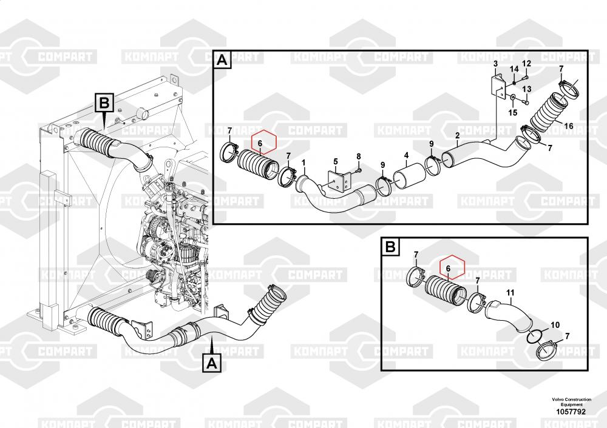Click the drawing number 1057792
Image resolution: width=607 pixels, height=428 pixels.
pyautogui.click(x=571, y=412)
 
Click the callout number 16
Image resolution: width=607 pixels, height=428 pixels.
pyautogui.click(x=568, y=126)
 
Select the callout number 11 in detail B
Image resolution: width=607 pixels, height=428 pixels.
pyautogui.click(x=510, y=293)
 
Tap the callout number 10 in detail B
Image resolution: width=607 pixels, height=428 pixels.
pyautogui.click(x=555, y=325)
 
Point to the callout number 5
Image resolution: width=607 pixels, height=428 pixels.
pyautogui.click(x=336, y=162)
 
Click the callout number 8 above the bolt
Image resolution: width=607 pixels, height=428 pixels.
pyautogui.click(x=359, y=156)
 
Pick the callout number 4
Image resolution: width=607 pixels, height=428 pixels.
pyautogui.click(x=407, y=155)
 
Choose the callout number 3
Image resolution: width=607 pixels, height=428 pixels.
pyautogui.click(x=495, y=63)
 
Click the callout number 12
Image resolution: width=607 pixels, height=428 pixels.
pyautogui.click(x=526, y=64)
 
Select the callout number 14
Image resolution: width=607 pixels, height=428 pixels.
pyautogui.click(x=514, y=69)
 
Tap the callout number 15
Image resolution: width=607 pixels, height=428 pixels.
pyautogui.click(x=513, y=113)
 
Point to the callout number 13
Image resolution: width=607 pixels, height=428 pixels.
pyautogui.click(x=526, y=89)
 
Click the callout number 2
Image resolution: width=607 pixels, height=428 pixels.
pyautogui.click(x=458, y=135)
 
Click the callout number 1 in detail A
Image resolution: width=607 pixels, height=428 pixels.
pyautogui.click(x=304, y=162)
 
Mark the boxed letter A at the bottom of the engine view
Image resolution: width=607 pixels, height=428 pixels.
pyautogui.click(x=212, y=363)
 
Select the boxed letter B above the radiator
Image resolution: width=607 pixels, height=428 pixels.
pyautogui.click(x=104, y=103)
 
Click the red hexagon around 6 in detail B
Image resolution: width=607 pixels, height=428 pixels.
pyautogui.click(x=452, y=267)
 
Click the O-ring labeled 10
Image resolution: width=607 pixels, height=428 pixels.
pyautogui.click(x=535, y=336)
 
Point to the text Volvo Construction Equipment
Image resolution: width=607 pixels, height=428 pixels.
pyautogui.click(x=571, y=402)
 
